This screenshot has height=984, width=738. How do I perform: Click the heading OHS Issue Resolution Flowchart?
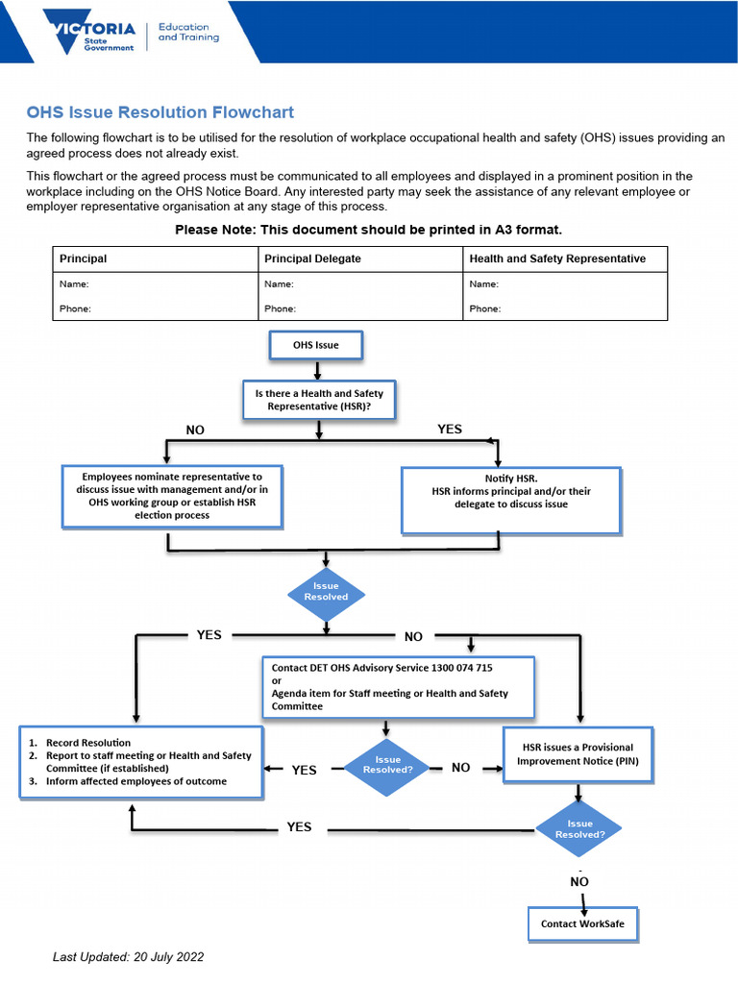point(160,112)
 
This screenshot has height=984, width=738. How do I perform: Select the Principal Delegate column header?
point(312,258)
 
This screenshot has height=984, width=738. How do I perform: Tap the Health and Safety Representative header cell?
point(557,258)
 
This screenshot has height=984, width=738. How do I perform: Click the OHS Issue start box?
point(316,345)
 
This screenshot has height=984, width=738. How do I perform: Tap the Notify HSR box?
point(511,498)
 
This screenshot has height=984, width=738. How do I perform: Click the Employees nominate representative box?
point(172,496)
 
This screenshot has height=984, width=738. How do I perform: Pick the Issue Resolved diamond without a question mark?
point(327,591)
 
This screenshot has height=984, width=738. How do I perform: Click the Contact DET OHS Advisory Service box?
point(398,686)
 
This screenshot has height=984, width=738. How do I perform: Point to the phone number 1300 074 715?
point(464,667)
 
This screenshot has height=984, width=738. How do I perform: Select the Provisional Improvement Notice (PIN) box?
point(578,754)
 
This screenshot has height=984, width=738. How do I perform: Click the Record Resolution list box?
point(141,762)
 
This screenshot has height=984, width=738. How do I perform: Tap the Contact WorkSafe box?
point(582,923)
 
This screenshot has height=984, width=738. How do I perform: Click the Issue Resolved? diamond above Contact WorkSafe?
point(579,829)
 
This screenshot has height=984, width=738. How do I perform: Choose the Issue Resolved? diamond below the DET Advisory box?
point(387,764)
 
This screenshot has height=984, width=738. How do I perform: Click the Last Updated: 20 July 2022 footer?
point(128,957)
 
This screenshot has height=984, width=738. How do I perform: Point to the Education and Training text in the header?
point(188,33)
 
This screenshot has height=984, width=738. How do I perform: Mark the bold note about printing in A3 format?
point(368,230)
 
